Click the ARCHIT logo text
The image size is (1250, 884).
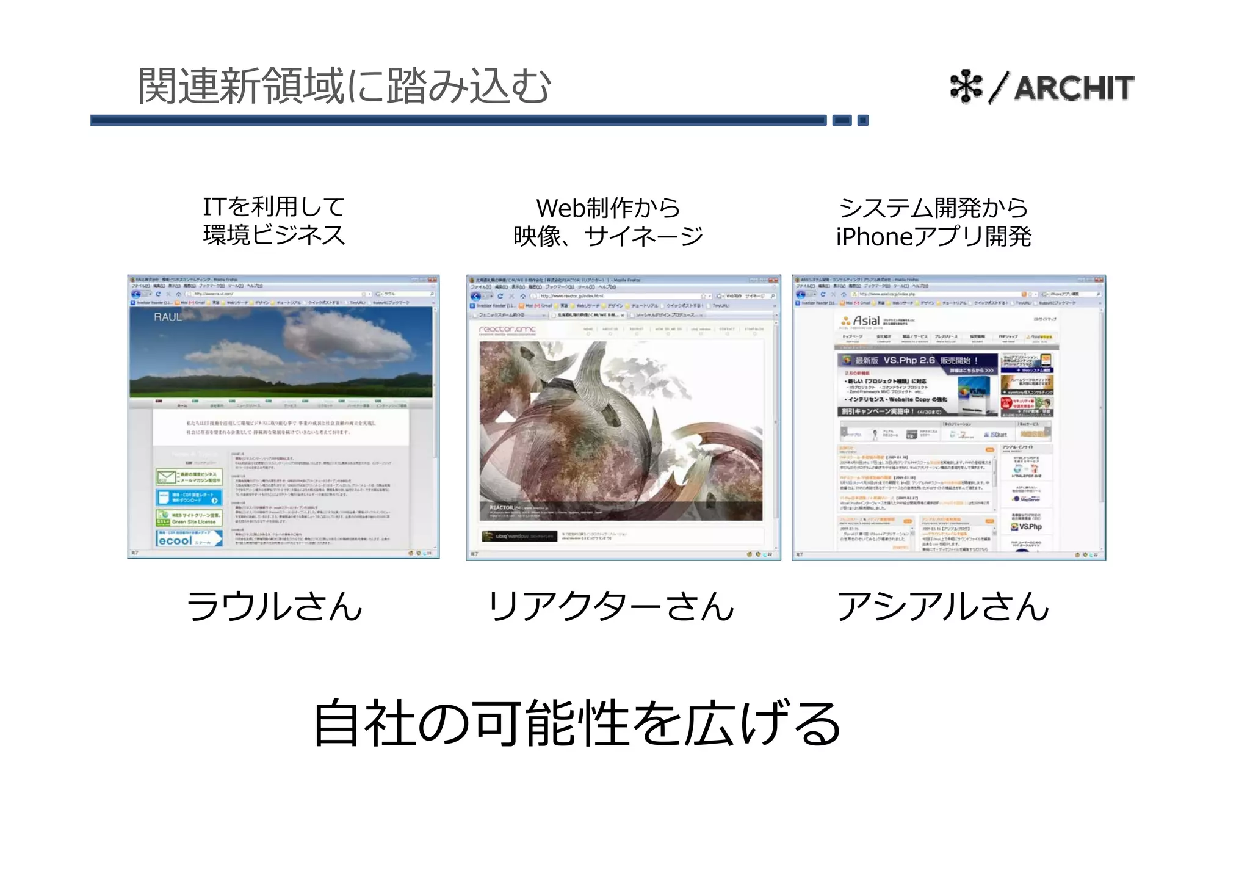1074,88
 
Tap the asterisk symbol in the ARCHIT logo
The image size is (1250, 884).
966,87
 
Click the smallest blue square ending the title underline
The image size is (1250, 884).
863,120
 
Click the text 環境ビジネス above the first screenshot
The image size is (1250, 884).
274,235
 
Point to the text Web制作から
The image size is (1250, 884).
608,208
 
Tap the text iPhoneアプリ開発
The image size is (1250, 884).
933,236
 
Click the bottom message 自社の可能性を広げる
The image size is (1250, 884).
577,723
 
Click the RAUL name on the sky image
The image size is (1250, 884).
167,317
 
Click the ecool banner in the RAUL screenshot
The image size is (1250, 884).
189,538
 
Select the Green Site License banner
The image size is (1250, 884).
189,518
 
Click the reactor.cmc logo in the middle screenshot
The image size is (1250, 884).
507,330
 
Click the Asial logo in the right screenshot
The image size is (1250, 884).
860,321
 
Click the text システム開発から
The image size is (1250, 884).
933,208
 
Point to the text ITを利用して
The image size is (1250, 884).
274,206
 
